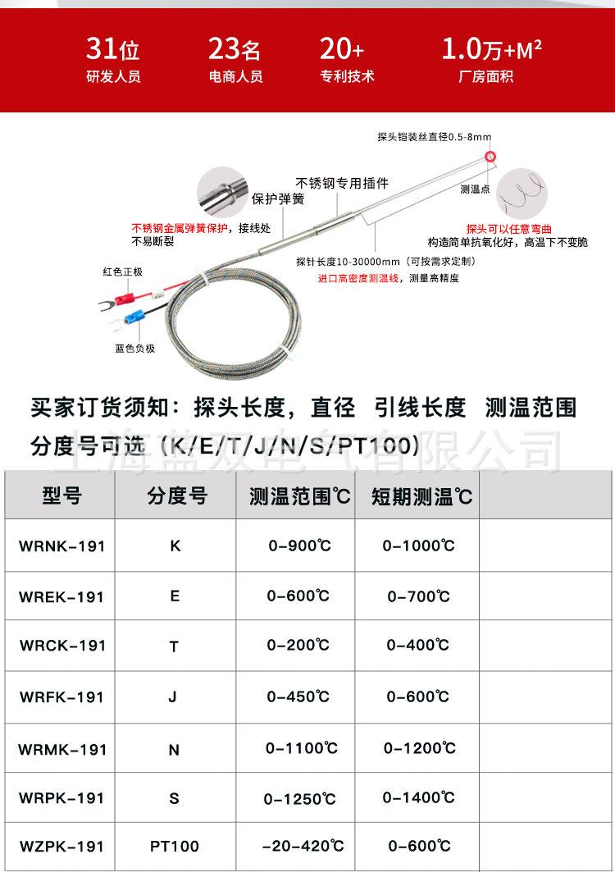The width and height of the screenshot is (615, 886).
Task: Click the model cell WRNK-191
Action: point(62,546)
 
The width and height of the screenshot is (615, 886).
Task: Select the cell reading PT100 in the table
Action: point(174,846)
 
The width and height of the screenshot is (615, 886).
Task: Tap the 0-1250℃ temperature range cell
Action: point(300,798)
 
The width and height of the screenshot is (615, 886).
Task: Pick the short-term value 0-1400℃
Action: point(419,797)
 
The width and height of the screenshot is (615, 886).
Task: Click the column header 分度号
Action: point(177,496)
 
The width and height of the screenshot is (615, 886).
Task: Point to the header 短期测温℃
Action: point(421,496)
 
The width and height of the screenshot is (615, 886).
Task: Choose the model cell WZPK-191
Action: point(62,846)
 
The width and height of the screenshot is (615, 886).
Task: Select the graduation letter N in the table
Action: point(174,749)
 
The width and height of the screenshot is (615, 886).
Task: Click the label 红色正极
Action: point(122,272)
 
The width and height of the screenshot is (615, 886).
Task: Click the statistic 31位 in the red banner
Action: point(113,50)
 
